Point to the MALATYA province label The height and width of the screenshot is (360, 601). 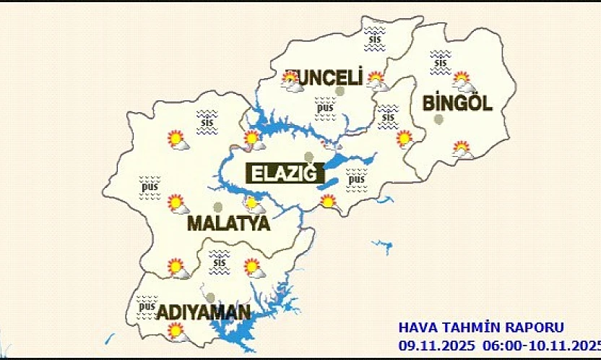(228, 223)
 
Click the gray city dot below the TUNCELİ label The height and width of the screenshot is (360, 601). (340, 92)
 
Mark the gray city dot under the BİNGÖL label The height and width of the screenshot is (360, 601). (438, 119)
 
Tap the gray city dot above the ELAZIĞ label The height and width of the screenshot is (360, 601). (309, 157)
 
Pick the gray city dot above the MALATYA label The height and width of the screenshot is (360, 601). (218, 207)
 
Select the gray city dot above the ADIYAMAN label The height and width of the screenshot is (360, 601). (210, 297)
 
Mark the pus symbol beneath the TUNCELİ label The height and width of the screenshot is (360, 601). (323, 108)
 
